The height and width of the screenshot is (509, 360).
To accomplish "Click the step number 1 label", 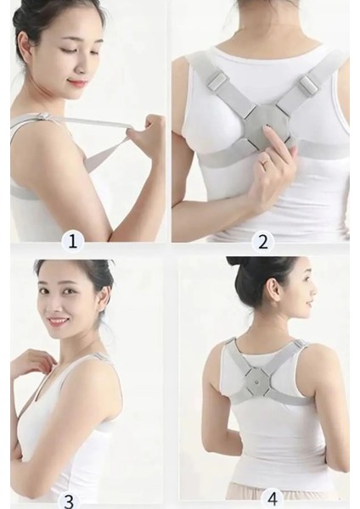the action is pos(73,242).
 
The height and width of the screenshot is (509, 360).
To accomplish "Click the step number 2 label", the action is pos(263,242).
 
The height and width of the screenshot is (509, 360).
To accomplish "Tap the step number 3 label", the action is pos(70,501).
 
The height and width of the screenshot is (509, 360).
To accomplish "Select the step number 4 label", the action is pos(273,500).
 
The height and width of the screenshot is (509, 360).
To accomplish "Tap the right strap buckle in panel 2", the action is pos(309,84).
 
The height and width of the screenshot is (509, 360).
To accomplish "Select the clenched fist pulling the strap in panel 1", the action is pos(142,126).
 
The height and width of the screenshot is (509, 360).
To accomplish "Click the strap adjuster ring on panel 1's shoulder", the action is pos(44,116).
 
